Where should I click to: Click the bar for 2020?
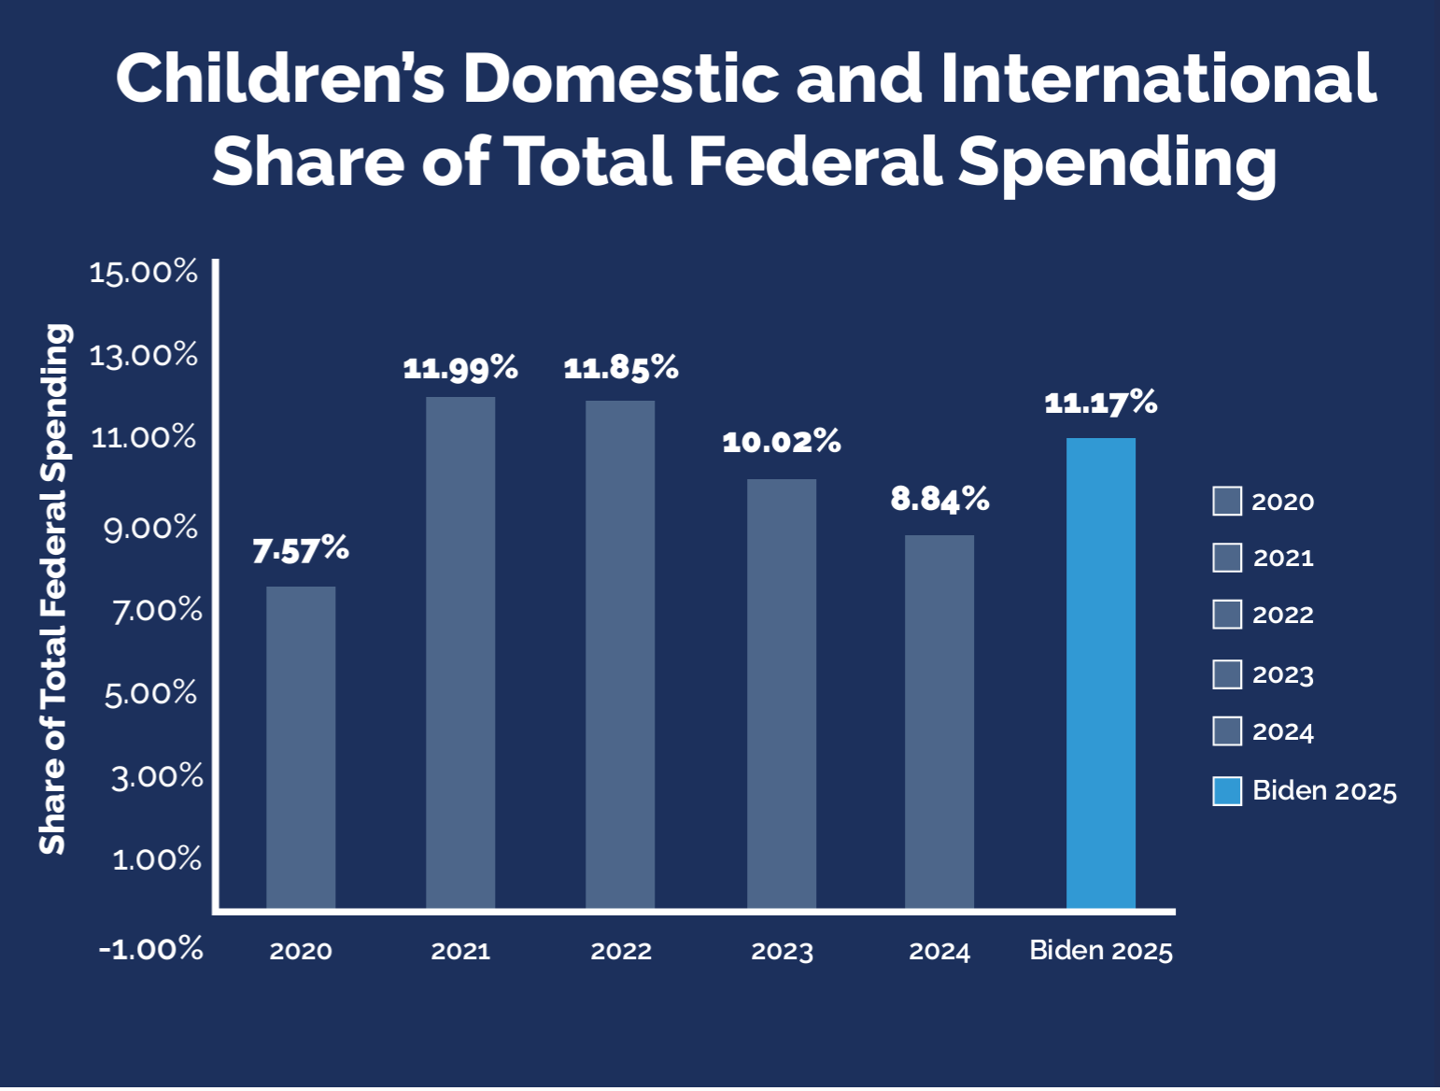coord(301,747)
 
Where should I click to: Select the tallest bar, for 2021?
coord(460,653)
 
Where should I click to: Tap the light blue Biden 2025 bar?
coord(1101,673)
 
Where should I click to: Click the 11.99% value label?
coord(460,368)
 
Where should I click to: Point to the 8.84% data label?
coord(939,499)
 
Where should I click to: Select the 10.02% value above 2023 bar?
coord(782,442)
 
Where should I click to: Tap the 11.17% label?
coord(1101,403)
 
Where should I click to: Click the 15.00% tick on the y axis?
coord(144,273)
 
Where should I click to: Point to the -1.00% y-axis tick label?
coord(151,949)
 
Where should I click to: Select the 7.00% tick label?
coord(157,611)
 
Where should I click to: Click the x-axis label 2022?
coord(621,951)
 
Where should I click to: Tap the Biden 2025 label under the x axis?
coord(1101,951)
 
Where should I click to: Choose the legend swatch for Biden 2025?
coord(1227,791)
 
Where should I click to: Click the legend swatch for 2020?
coord(1227,502)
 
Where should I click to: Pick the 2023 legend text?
coord(1283,674)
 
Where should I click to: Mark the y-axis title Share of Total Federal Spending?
coord(54,588)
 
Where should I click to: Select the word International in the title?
coord(1158,78)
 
